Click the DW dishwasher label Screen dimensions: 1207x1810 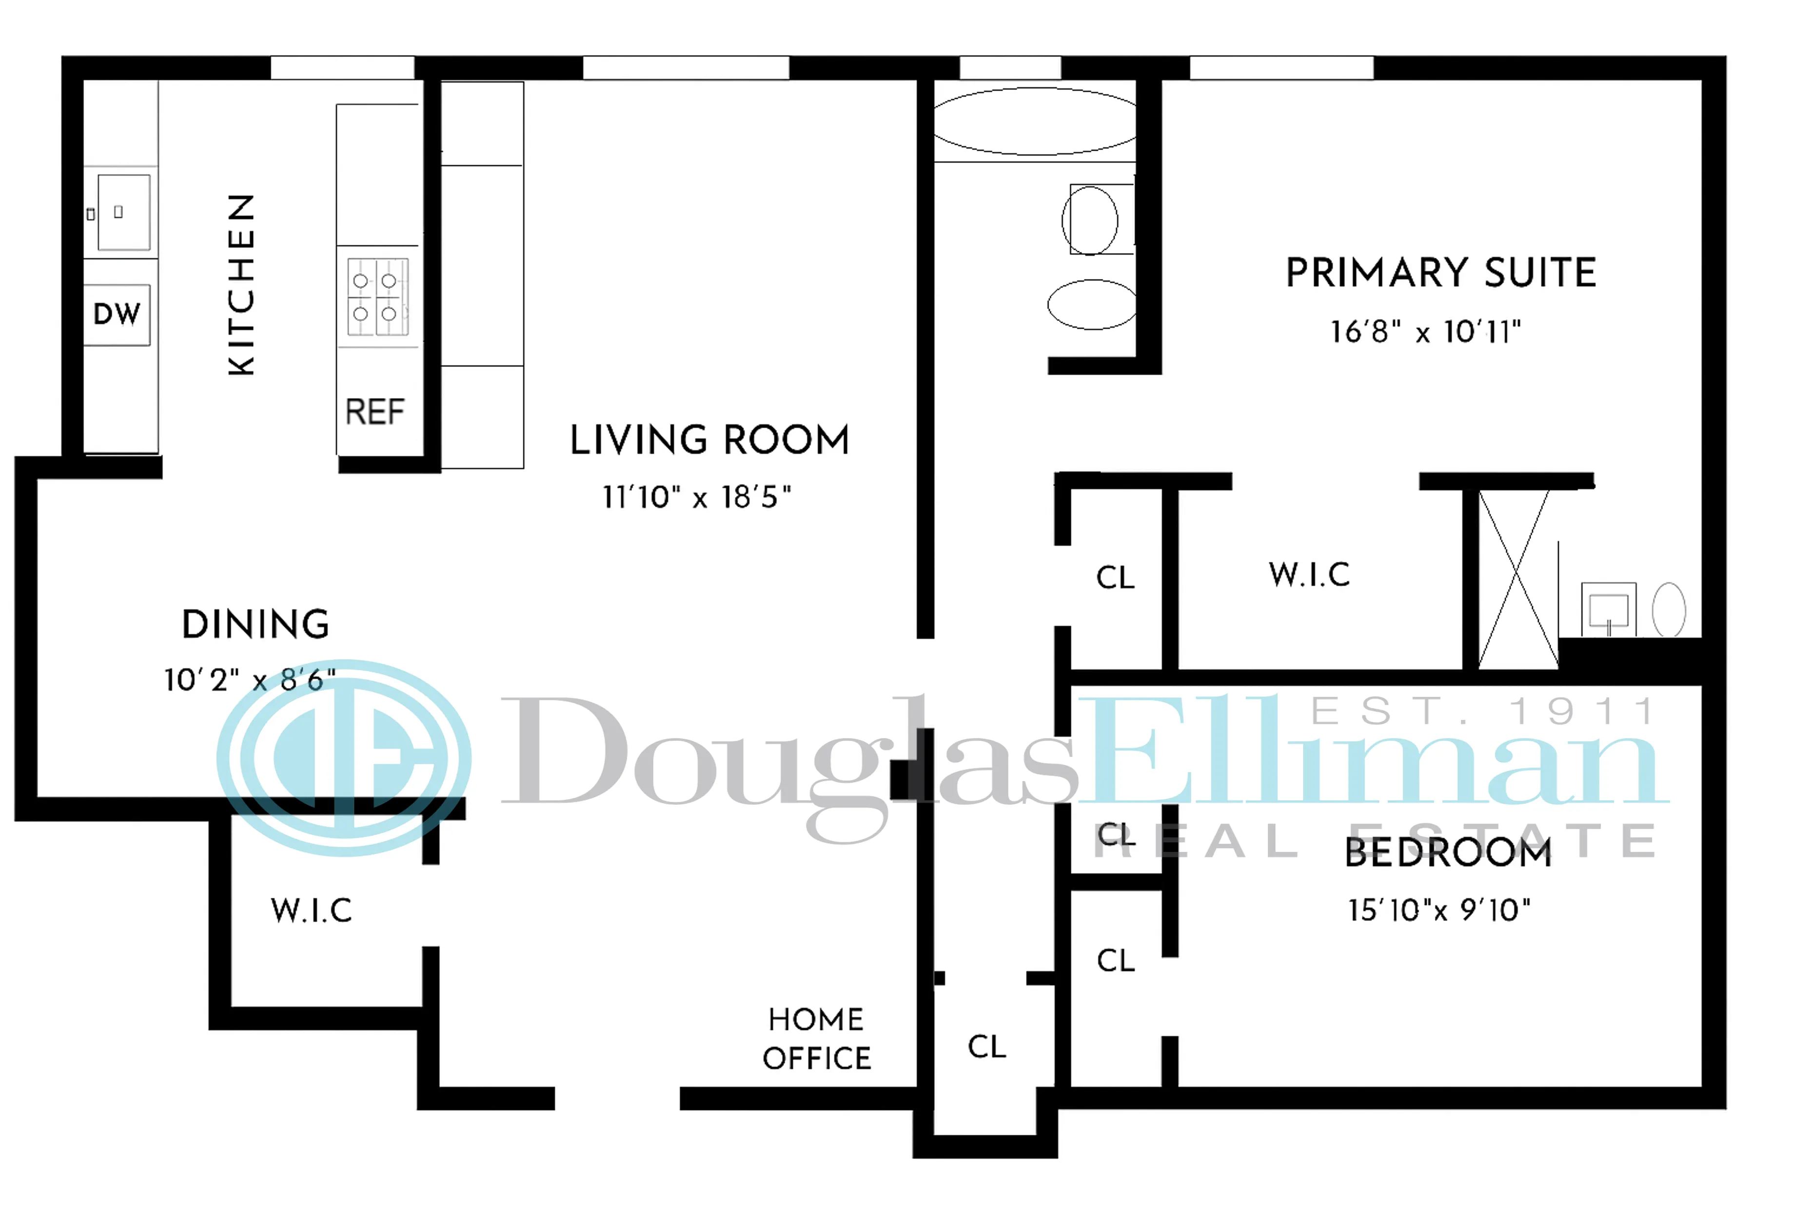tap(117, 314)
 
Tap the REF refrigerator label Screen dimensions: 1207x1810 tap(375, 412)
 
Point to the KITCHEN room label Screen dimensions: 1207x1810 tap(241, 285)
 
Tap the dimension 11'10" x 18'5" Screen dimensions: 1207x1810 tap(696, 497)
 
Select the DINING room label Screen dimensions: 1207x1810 tap(256, 624)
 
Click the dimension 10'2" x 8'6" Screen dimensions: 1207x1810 tap(249, 680)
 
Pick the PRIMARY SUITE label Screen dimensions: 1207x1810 tap(1440, 273)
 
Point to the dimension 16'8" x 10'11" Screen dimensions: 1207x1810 tap(1425, 332)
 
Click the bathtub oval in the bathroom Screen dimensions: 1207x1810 tap(1035, 121)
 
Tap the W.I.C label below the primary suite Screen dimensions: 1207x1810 tap(1309, 575)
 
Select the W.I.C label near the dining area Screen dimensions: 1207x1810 tap(312, 910)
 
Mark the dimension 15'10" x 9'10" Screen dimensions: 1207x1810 tap(1438, 910)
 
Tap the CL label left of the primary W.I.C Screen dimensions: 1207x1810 tap(1115, 577)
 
